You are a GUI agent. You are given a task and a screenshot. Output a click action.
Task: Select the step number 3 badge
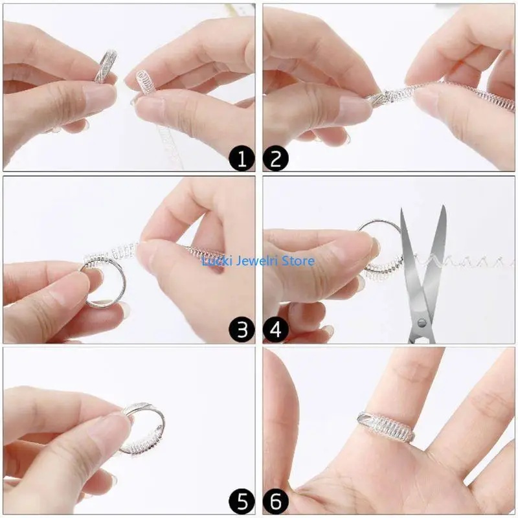(242, 331)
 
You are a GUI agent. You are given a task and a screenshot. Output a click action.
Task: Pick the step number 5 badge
(242, 502)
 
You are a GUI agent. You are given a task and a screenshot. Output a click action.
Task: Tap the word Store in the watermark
(298, 261)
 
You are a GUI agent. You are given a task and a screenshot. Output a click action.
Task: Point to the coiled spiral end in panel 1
(146, 84)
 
